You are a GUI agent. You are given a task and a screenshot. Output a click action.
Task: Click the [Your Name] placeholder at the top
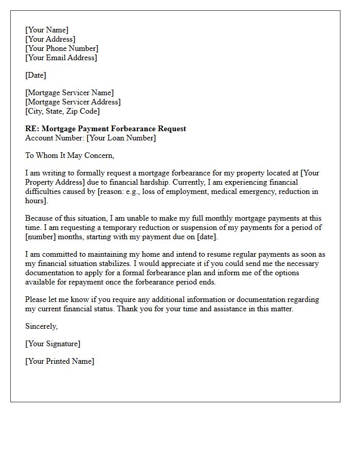tap(47, 30)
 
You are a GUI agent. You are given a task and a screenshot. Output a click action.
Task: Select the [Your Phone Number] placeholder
tap(62, 48)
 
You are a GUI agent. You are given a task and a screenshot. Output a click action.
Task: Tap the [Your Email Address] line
tap(61, 58)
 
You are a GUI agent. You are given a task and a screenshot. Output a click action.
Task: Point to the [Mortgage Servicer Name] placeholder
tap(69, 93)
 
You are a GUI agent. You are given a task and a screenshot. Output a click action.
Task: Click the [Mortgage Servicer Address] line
tap(73, 102)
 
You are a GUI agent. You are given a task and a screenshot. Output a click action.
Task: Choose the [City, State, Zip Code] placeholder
tap(62, 111)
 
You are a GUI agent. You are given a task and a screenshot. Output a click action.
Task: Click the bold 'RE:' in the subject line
tap(32, 129)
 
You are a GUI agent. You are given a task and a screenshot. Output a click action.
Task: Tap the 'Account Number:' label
tap(55, 138)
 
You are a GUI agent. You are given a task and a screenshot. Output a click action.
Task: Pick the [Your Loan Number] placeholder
tap(121, 138)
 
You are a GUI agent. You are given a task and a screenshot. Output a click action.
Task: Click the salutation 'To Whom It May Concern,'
tap(69, 155)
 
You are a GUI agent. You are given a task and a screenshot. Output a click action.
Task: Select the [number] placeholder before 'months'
tap(42, 237)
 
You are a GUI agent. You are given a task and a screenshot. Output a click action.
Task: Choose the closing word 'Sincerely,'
tap(42, 326)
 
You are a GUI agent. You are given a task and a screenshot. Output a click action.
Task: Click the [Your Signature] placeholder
tap(52, 344)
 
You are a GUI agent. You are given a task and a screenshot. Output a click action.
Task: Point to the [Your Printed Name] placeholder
tap(60, 361)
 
